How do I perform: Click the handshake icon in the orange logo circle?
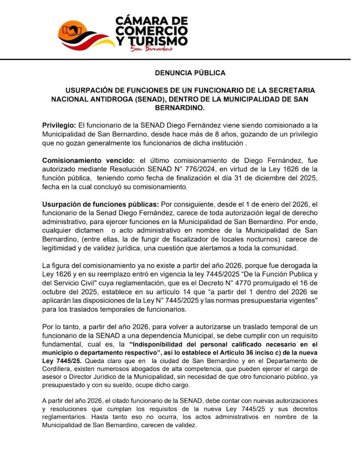tap(72, 32)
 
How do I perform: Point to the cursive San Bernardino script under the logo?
tap(151, 49)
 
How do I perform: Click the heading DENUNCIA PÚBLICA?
tap(190, 73)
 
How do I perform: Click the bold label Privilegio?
tap(59, 125)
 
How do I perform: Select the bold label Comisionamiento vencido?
tap(85, 160)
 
